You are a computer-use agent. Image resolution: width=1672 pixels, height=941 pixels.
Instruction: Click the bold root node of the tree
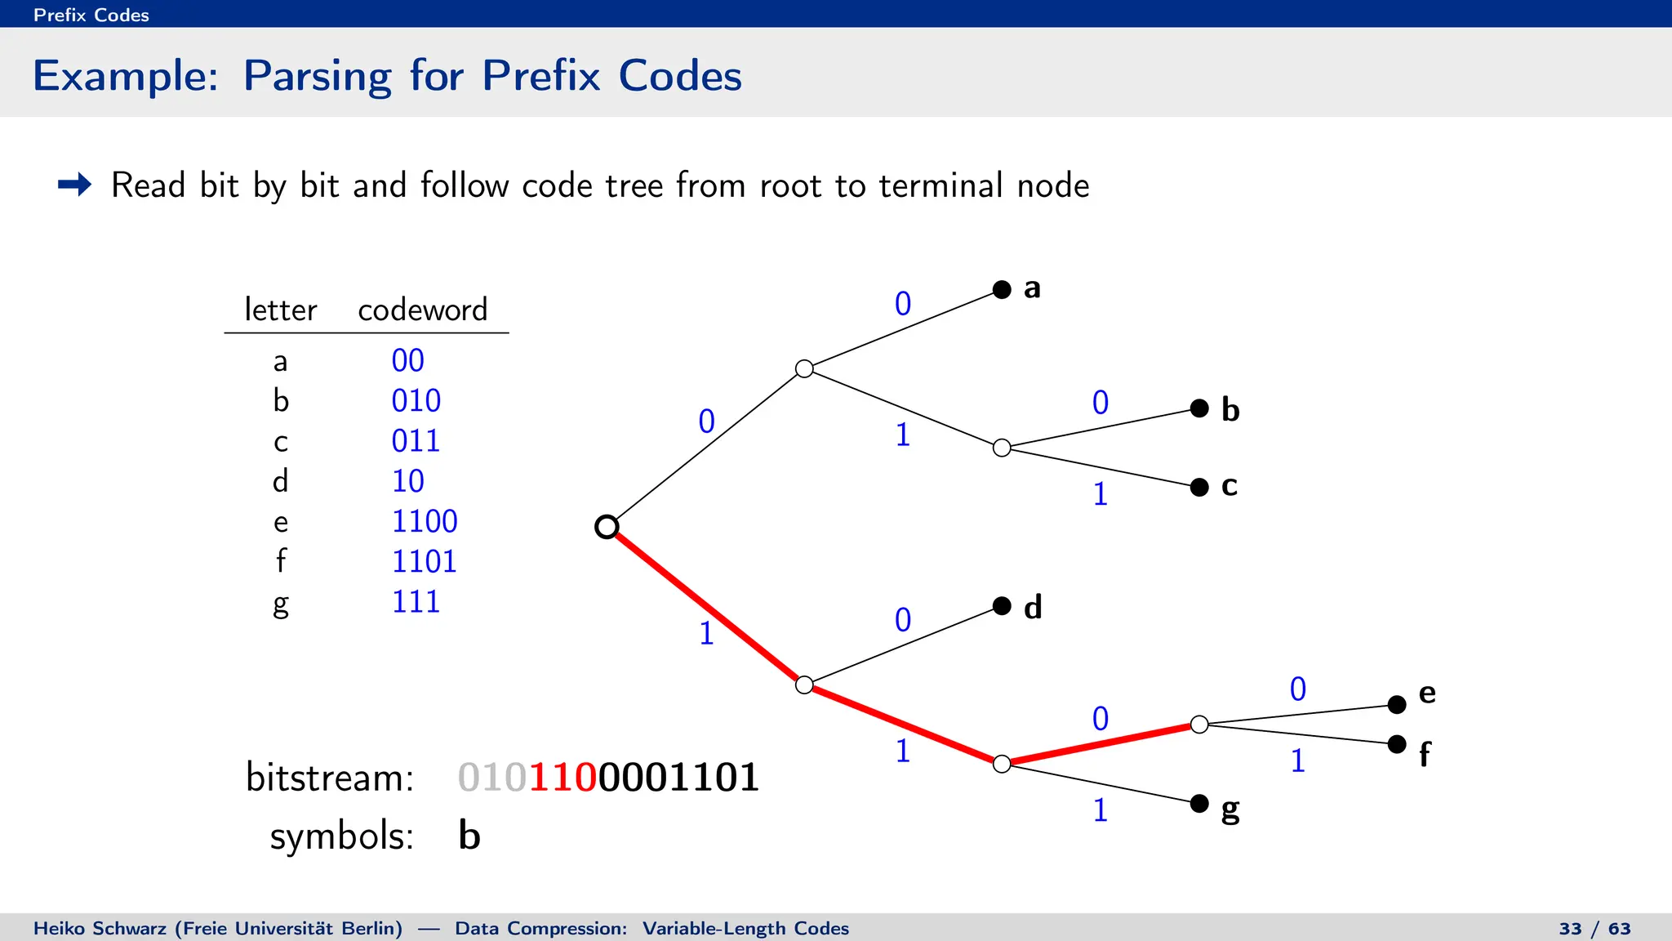point(607,527)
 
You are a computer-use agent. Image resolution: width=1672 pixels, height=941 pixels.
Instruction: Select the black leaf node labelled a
point(1002,289)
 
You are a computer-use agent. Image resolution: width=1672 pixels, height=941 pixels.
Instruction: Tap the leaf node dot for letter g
point(1199,803)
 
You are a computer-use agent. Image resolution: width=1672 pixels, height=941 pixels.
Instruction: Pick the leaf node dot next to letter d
point(1002,606)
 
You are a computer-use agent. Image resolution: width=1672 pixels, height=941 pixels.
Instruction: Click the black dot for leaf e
point(1397,704)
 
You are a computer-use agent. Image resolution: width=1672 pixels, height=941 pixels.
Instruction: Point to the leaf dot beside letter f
point(1397,744)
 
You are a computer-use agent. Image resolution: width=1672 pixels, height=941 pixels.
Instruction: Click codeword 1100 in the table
point(425,521)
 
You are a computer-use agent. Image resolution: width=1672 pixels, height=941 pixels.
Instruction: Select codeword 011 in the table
point(416,441)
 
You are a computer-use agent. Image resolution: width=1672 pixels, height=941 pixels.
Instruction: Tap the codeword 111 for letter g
point(416,602)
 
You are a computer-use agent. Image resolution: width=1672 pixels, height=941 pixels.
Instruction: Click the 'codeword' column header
point(422,310)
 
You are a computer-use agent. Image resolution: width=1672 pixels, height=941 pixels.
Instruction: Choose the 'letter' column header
point(280,310)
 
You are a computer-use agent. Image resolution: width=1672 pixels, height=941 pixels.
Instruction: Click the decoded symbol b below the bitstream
point(469,836)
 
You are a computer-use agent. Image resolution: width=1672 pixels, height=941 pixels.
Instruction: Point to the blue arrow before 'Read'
point(74,185)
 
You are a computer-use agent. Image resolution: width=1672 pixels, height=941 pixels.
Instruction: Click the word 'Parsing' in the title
point(317,76)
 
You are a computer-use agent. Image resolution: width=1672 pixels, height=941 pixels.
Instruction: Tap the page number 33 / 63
point(1594,929)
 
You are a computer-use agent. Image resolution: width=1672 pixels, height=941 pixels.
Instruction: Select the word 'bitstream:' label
point(330,777)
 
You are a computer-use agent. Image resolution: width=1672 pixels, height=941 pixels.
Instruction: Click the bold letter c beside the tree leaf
point(1230,486)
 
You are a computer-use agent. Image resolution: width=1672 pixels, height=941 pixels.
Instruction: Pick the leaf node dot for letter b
point(1199,408)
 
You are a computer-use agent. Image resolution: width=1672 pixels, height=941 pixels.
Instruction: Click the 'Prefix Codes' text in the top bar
point(91,15)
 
